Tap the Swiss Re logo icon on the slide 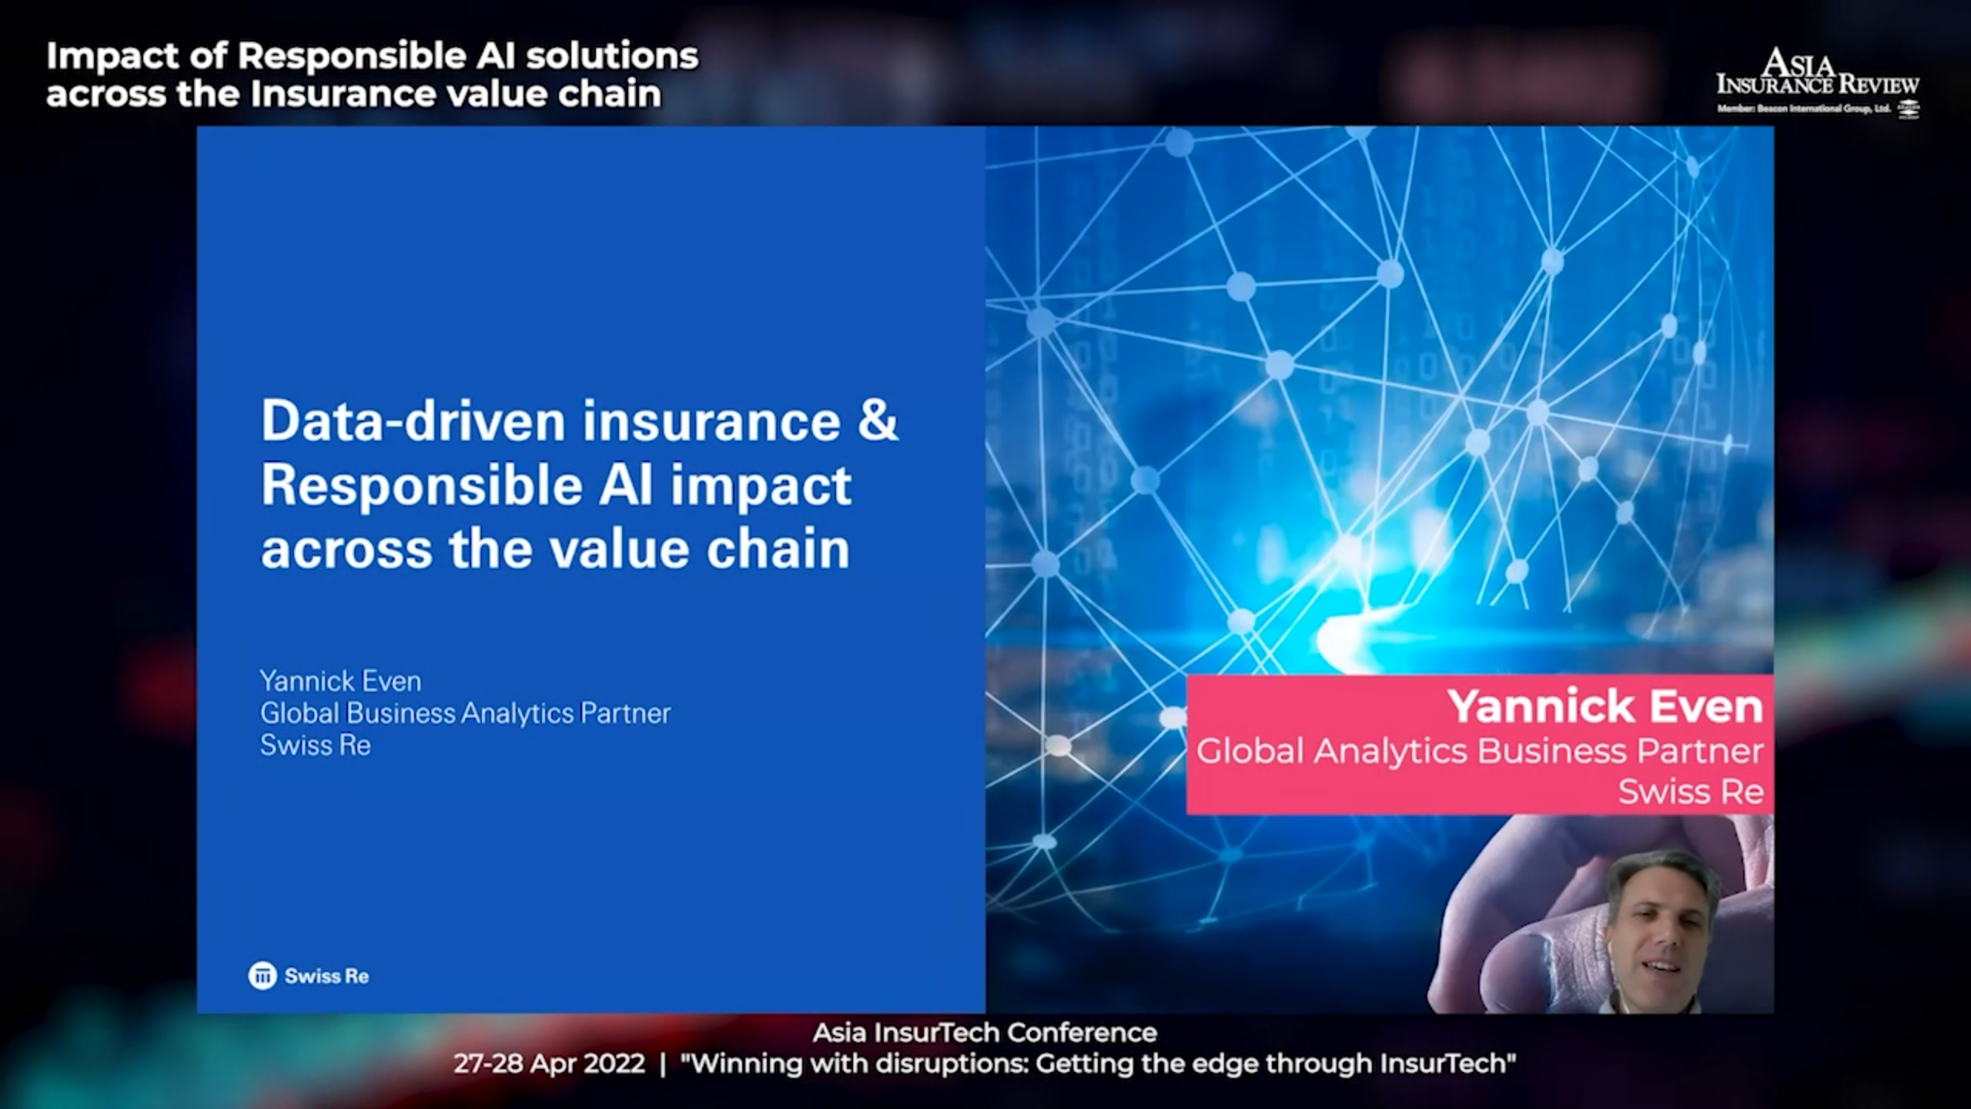point(262,976)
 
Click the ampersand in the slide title point(878,420)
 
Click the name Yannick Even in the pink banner point(1605,706)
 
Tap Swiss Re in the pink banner point(1691,792)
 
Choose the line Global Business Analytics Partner point(465,714)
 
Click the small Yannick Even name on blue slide point(340,681)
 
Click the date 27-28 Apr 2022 point(549,1064)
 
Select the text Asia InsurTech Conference point(985,1032)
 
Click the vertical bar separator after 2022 point(663,1064)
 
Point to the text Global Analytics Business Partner point(1480,752)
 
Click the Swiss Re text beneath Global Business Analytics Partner point(316,745)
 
